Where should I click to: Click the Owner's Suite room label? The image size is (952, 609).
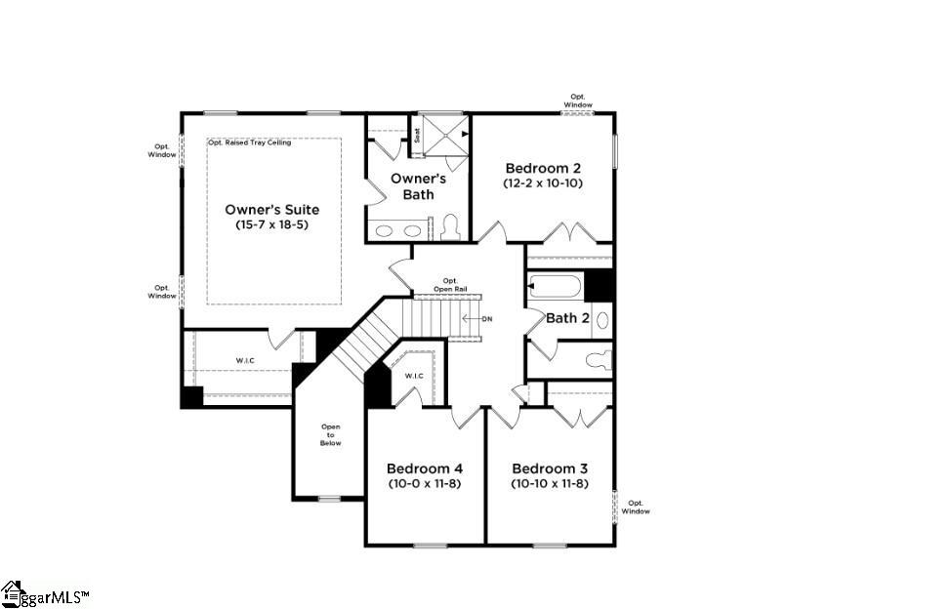click(271, 209)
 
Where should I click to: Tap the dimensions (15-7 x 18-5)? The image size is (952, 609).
click(271, 224)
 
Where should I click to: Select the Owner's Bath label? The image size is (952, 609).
click(418, 186)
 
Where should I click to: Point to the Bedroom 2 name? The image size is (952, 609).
click(543, 167)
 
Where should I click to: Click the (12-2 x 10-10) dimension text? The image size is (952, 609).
click(543, 183)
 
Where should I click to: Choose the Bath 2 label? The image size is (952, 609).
click(566, 318)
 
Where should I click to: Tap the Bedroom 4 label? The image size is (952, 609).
click(424, 467)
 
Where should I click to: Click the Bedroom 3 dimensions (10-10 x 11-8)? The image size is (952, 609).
click(549, 483)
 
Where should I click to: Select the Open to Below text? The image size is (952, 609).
click(331, 434)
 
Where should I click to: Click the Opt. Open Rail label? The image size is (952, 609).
click(450, 285)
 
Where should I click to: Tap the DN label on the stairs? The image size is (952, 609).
click(486, 319)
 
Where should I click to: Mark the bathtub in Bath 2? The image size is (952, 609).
click(555, 287)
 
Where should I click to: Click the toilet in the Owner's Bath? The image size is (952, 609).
click(449, 228)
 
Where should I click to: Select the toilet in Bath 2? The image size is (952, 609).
click(597, 360)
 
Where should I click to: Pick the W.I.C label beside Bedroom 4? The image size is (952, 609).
click(414, 376)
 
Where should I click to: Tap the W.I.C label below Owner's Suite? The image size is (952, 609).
click(245, 361)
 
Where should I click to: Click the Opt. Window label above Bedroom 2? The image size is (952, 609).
click(578, 101)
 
